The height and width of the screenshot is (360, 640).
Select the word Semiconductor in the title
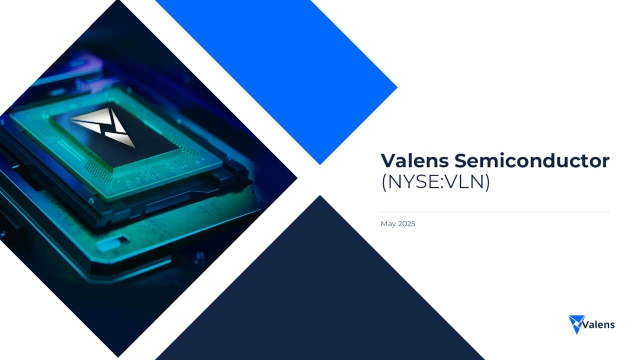point(530,162)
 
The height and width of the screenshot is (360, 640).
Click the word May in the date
point(387,223)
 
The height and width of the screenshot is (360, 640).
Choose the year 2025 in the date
point(405,223)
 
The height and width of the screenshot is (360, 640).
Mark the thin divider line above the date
point(495,211)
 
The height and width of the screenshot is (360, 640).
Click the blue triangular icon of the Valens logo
point(575,323)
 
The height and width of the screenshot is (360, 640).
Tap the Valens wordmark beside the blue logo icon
point(598,323)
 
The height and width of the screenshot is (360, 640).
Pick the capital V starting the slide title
point(388,162)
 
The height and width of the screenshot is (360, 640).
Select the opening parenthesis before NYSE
point(384,184)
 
